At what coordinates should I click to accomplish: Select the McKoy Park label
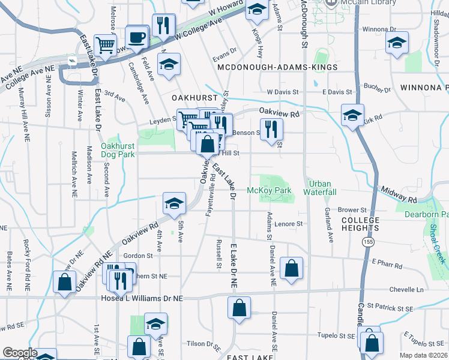pos(269,191)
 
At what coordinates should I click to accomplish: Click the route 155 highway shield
pos(366,241)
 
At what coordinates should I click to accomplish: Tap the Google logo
pos(20,353)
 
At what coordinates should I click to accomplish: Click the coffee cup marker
pos(137,38)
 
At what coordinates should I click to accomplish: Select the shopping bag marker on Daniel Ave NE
pos(291,268)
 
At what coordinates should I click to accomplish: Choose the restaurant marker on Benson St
pos(272,129)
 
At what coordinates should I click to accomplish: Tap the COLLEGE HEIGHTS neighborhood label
pos(361,224)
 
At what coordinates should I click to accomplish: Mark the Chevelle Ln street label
pos(406,289)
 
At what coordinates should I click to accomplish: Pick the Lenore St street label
pos(290,224)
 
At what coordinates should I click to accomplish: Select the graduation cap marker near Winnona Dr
pos(396,44)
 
